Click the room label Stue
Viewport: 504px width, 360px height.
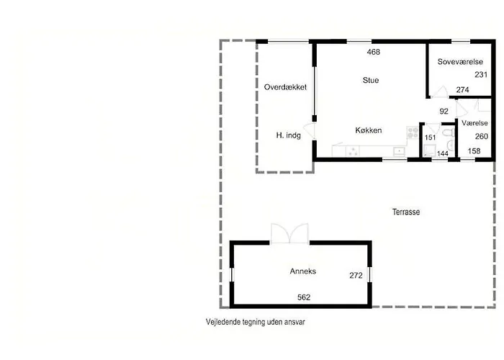371,80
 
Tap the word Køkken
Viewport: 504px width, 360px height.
368,130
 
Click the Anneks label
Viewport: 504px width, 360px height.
303,271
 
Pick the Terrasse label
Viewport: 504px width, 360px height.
406,212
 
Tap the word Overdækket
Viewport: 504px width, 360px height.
286,86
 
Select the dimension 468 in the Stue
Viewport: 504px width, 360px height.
373,52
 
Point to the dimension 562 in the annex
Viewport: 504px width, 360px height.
304,297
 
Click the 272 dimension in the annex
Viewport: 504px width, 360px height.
356,275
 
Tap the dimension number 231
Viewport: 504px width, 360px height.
481,75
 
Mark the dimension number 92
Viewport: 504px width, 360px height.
444,111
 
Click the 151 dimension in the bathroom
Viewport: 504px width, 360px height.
431,137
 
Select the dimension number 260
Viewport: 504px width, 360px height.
481,136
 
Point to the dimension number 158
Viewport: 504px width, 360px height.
474,151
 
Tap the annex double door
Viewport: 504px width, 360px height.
289,233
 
